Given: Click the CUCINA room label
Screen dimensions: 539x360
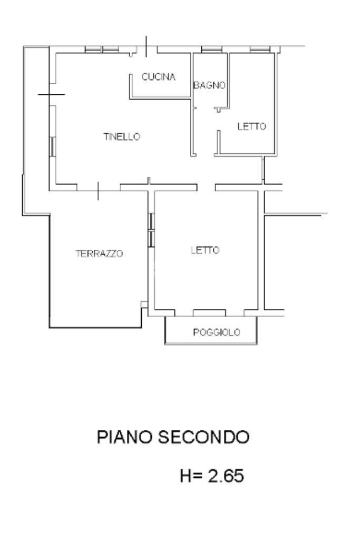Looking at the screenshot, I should [158, 77].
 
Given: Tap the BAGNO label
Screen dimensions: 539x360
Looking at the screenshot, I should [209, 85].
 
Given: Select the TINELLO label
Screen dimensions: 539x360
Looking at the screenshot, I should [122, 136].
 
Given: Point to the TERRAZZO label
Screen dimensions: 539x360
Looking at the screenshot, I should [100, 253].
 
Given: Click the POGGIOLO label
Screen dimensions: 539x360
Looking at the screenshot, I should [217, 332].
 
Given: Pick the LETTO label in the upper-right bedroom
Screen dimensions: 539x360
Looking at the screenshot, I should [252, 126].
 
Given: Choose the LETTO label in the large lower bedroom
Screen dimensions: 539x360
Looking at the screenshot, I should [205, 250].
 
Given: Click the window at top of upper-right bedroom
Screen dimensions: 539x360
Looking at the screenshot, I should [259, 50].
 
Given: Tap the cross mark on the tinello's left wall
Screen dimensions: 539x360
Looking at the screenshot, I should [51, 95].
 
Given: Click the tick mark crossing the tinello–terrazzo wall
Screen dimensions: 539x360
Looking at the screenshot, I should [98, 191].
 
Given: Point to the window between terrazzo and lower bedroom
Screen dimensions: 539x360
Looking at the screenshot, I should [151, 230].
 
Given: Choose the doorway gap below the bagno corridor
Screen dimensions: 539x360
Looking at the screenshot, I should [206, 187].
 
